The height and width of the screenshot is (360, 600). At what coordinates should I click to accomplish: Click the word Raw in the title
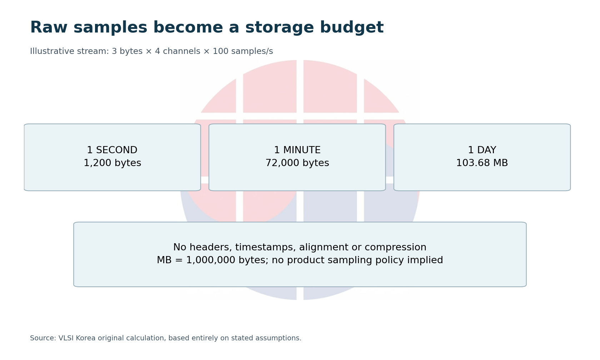coord(49,27)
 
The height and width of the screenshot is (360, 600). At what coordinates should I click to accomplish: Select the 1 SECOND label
coord(112,150)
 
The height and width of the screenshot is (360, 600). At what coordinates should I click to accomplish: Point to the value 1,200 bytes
coord(112,163)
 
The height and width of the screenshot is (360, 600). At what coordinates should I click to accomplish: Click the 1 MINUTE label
coord(297,150)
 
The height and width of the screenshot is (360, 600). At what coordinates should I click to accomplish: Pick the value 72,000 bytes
coord(297,163)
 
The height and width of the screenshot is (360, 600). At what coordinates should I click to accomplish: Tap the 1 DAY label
coord(482,150)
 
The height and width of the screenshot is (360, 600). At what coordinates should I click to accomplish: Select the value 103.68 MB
coord(482,163)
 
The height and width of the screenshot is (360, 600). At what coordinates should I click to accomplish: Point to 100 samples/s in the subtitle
coord(243,51)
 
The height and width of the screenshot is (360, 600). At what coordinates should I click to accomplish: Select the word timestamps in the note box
coord(265,247)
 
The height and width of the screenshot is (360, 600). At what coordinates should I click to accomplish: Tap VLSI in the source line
coord(66,338)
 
